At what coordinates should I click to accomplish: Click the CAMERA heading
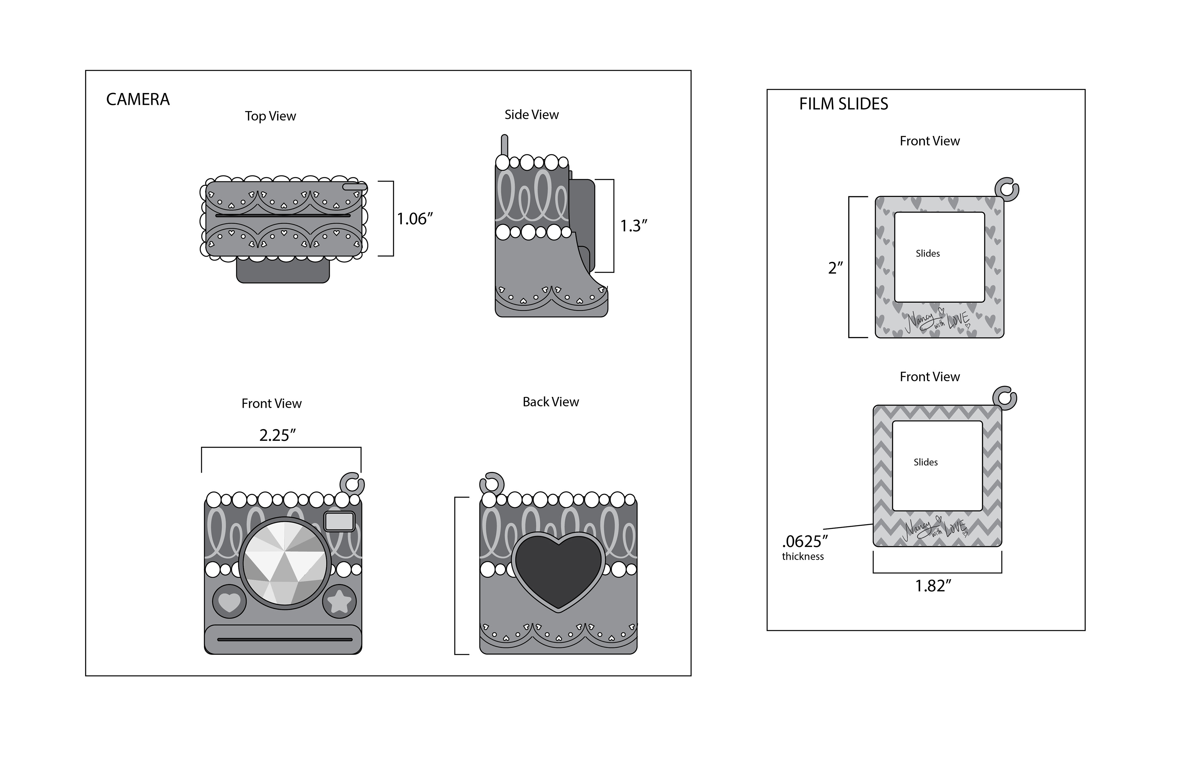coord(138,99)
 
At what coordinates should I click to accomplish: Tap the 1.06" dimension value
coord(415,219)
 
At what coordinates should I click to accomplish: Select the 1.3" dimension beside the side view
coord(633,226)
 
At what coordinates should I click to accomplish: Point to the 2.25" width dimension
coord(277,435)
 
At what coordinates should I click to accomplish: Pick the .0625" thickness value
coord(805,542)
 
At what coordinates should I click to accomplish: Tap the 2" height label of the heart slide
coord(835,268)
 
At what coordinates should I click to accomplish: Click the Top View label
coord(270,116)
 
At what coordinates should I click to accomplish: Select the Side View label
coord(531,115)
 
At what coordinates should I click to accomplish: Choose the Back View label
coord(550,402)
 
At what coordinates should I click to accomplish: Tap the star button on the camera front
coord(339,601)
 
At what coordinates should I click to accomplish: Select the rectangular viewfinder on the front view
coord(340,521)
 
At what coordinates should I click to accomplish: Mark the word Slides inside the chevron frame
coord(926,462)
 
